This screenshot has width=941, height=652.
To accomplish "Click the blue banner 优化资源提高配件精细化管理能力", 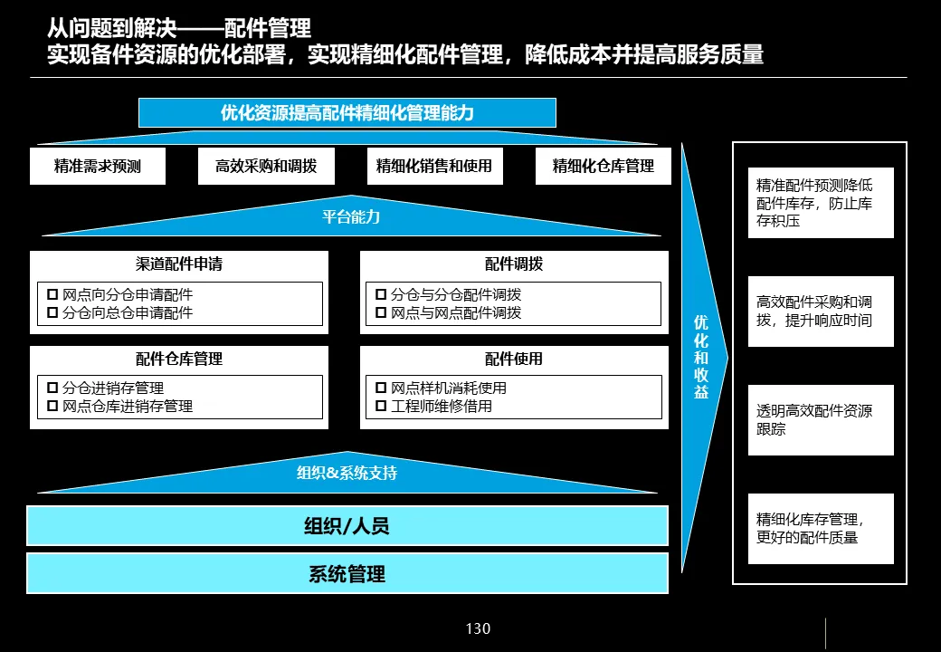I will click(x=347, y=113).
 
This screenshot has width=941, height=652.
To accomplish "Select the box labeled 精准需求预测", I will click(x=97, y=167).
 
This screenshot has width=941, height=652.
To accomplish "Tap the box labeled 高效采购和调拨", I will click(x=266, y=167).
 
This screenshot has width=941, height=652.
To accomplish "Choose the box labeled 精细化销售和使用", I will click(x=434, y=167).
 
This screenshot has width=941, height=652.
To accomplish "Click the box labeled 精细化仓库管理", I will click(x=603, y=167).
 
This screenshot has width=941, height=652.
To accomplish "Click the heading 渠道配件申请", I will click(x=179, y=264).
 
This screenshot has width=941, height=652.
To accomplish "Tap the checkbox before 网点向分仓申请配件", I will click(x=52, y=294).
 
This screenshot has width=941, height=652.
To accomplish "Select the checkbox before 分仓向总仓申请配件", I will click(x=52, y=312).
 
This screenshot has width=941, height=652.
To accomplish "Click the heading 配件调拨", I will click(x=514, y=264).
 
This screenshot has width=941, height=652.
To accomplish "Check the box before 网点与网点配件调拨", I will click(x=381, y=312).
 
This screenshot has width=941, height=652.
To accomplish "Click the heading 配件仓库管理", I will click(x=179, y=359).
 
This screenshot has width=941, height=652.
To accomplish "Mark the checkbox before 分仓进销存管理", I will click(x=52, y=388).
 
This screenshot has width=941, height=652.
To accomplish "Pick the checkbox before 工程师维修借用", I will click(x=381, y=406).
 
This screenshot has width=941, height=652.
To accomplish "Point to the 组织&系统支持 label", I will click(x=347, y=473).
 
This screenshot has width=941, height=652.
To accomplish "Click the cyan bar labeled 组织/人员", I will click(x=347, y=525).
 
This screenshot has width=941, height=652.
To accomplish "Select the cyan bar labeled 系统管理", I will click(x=347, y=573).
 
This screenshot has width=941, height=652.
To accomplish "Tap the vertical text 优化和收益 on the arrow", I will click(x=701, y=357).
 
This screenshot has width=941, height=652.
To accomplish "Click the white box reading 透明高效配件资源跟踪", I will click(x=821, y=420).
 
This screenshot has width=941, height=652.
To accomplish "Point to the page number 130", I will click(x=478, y=628).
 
